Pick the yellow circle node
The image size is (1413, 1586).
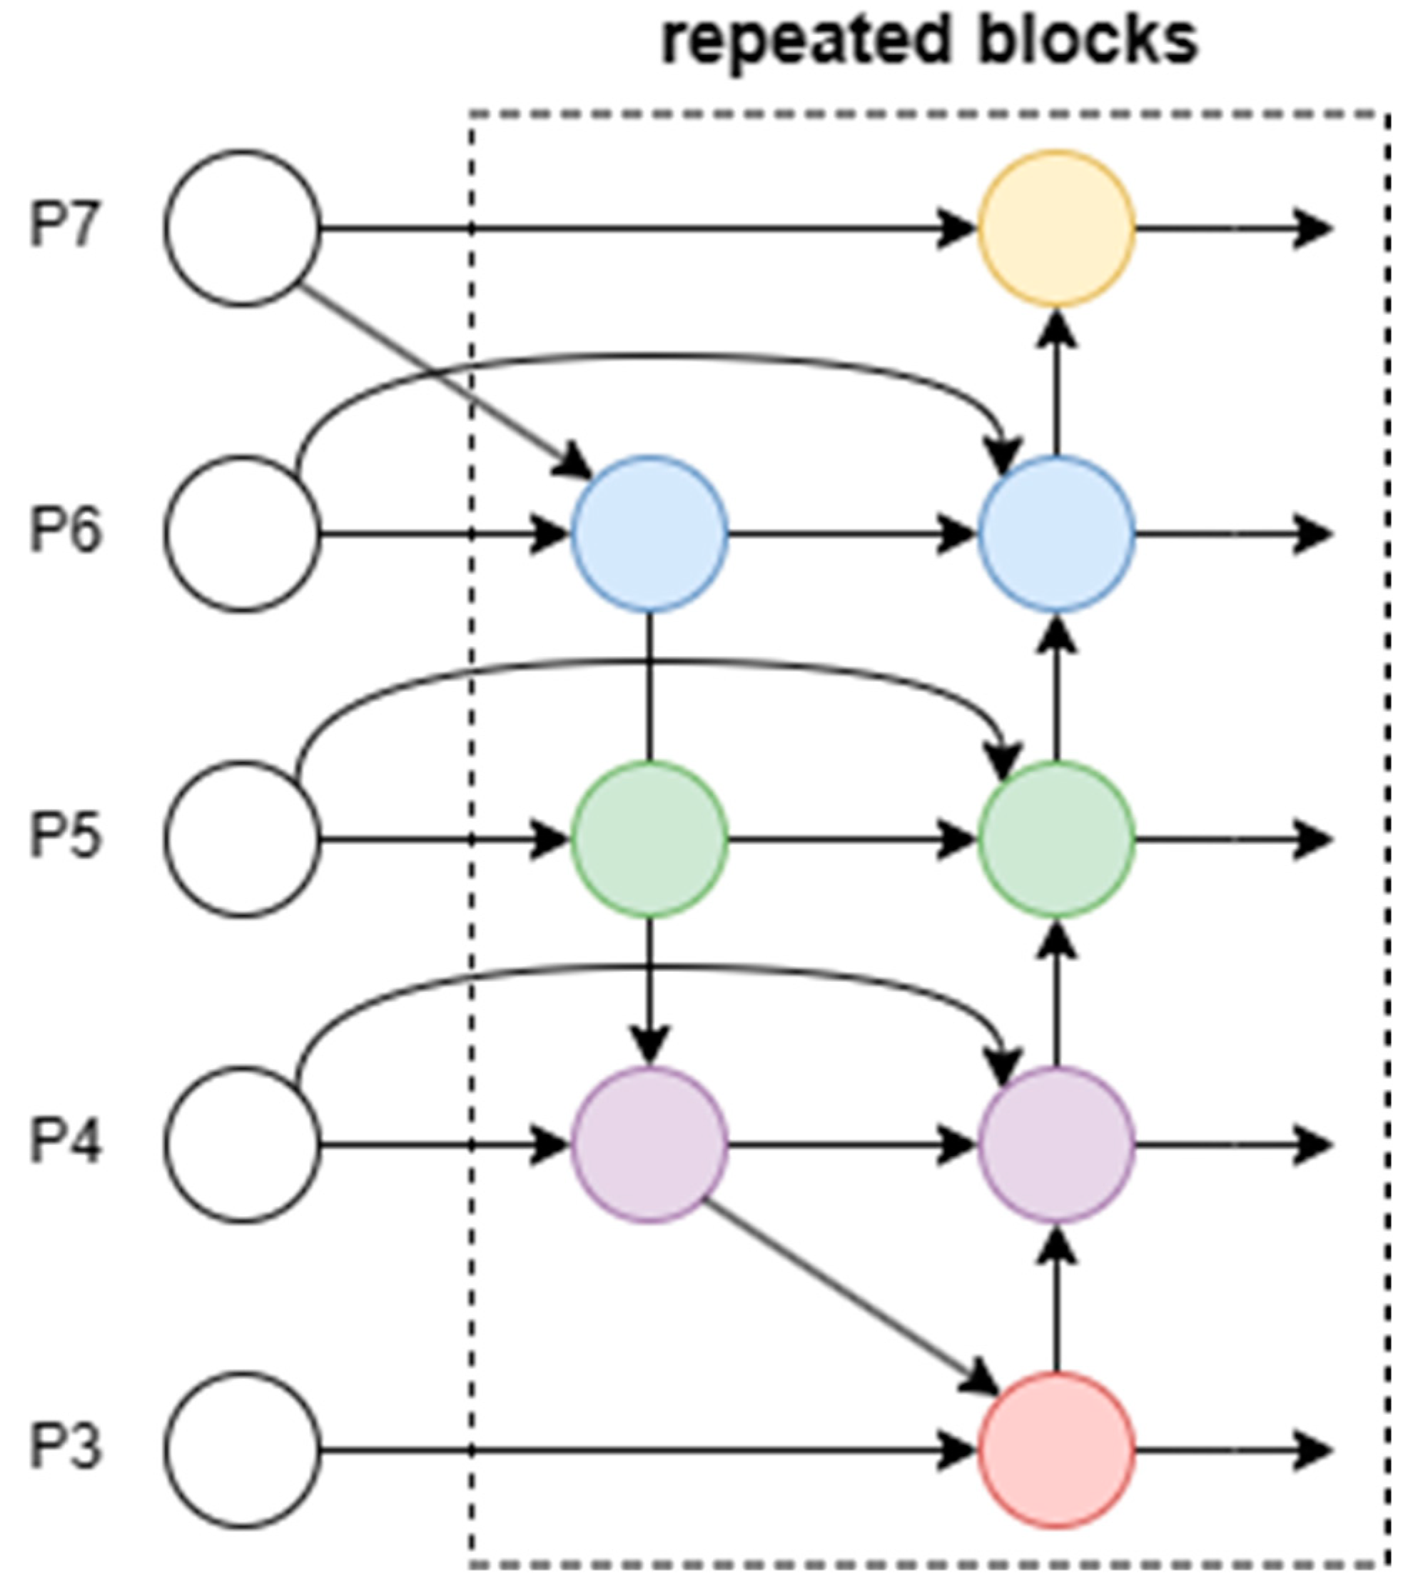[1056, 228]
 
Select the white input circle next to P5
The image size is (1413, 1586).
[242, 839]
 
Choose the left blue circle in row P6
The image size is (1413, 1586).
[649, 533]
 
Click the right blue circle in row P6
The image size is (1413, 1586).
[1056, 533]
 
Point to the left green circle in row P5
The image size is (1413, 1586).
[649, 839]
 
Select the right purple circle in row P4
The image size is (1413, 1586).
[1056, 1145]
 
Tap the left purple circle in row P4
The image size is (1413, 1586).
[649, 1145]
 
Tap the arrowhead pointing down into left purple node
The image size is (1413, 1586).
[649, 1045]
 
